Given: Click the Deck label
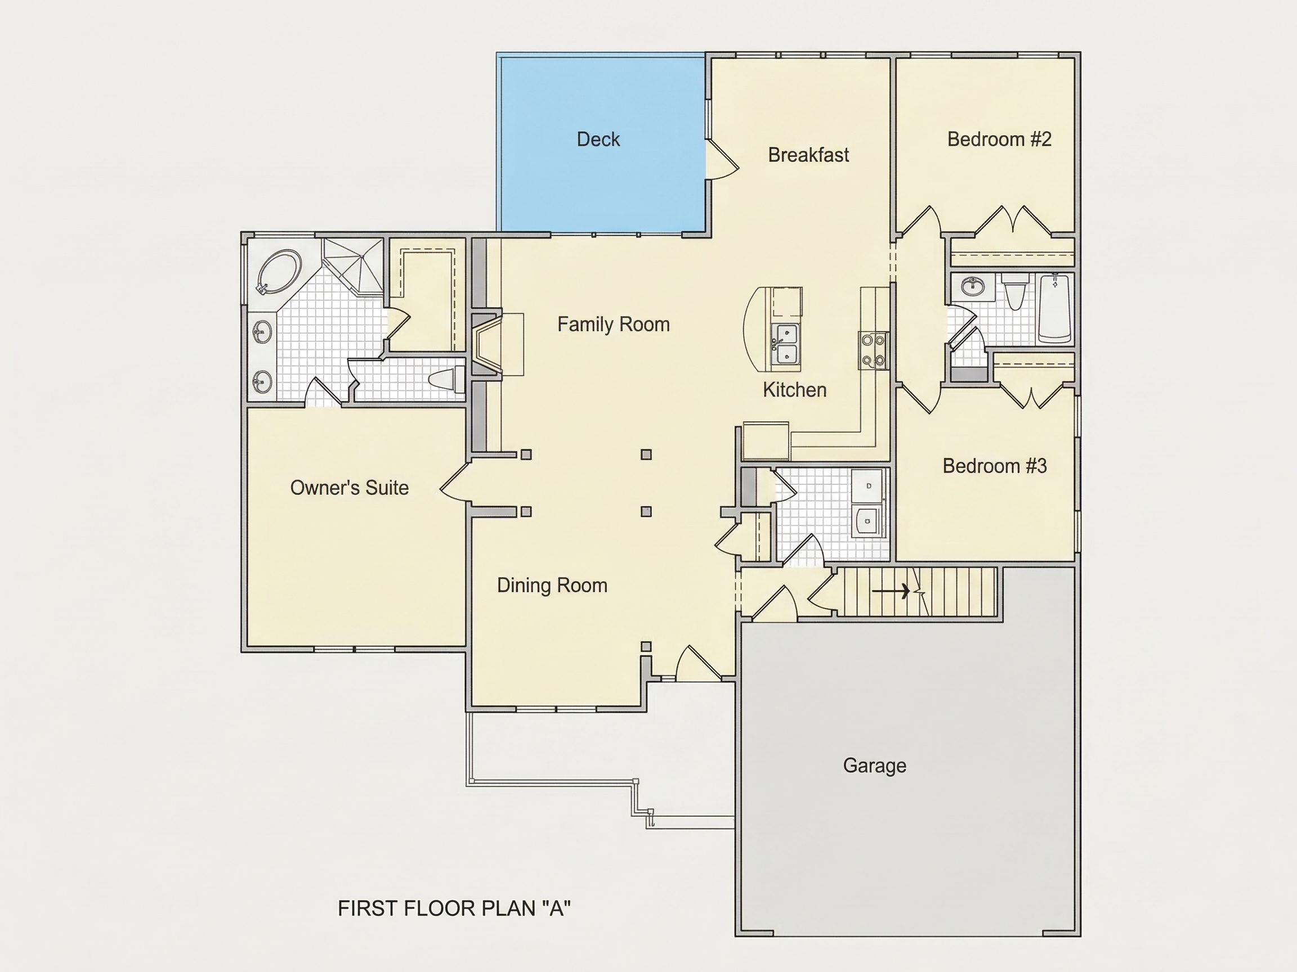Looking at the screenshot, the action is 598,139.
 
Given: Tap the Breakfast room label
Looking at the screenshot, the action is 808,155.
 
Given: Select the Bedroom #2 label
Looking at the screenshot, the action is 999,139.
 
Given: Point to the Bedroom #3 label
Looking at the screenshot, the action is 995,466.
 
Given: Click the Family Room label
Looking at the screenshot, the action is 614,324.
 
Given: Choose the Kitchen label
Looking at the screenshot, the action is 794,390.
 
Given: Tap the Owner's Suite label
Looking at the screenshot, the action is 350,488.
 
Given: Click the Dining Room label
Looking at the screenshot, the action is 552,586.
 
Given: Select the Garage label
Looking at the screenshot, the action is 874,765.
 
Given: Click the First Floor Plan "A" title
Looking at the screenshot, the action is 454,908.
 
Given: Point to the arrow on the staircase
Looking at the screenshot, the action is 891,591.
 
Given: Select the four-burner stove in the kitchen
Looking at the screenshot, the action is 874,350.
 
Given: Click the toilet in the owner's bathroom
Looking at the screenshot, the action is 447,380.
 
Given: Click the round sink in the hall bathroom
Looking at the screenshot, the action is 974,287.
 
